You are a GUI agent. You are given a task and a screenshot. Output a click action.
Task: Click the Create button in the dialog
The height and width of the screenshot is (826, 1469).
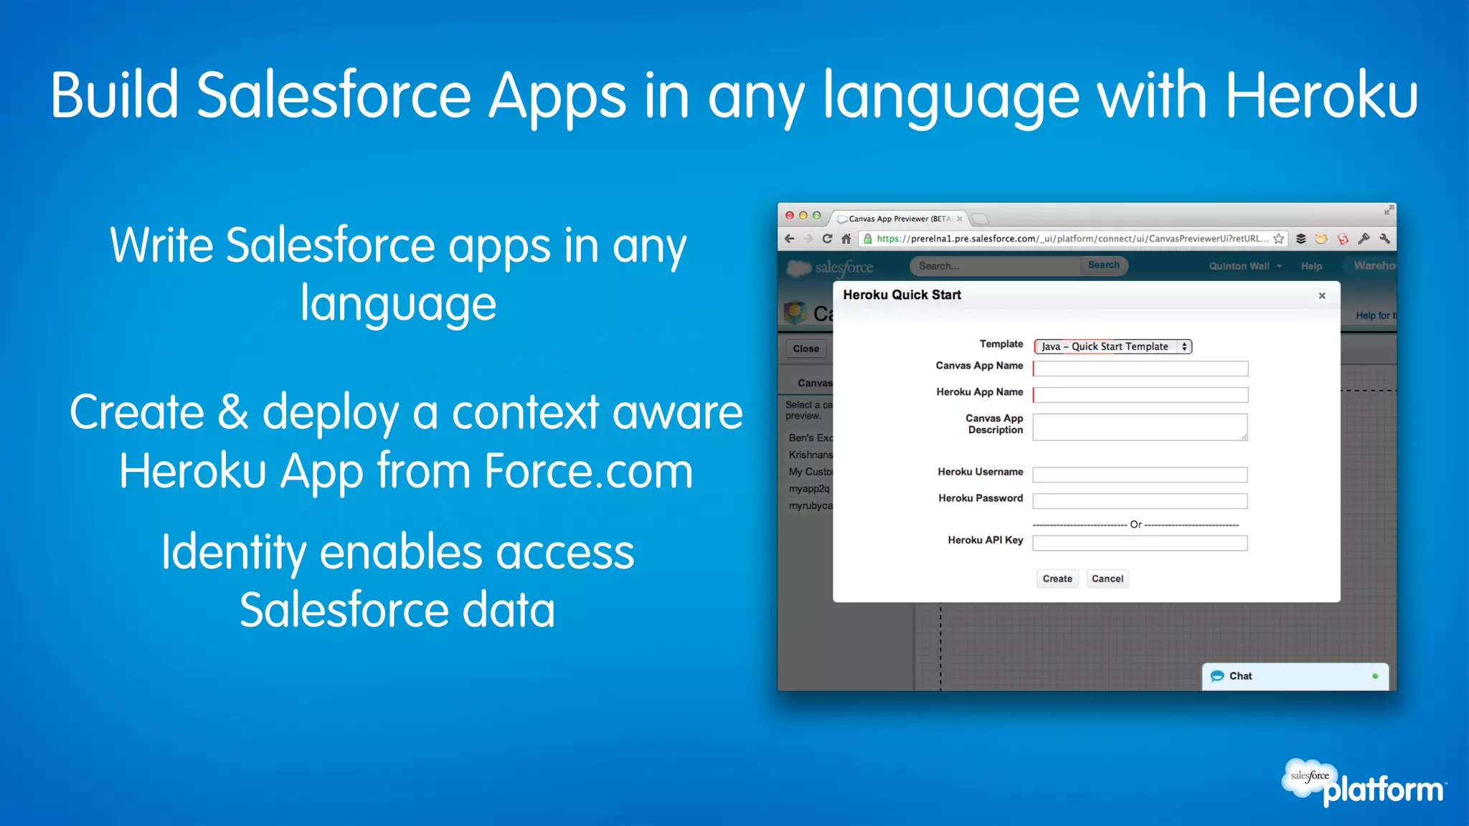[x=1057, y=579]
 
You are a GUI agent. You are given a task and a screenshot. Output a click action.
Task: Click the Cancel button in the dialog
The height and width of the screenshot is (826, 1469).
[x=1107, y=579]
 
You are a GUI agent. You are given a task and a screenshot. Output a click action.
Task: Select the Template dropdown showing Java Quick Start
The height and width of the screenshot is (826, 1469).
[x=1113, y=346]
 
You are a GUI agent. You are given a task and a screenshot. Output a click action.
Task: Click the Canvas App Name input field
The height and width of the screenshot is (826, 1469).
[x=1140, y=369]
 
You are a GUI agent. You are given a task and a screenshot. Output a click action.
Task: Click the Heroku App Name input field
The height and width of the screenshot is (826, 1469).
[x=1140, y=395]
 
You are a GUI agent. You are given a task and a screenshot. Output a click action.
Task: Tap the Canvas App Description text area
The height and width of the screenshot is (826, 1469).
[x=1140, y=427]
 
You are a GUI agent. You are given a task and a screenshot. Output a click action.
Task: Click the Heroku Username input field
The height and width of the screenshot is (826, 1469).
[x=1140, y=475]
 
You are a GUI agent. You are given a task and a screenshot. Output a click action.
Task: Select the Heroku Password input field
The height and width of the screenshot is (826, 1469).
[x=1140, y=501]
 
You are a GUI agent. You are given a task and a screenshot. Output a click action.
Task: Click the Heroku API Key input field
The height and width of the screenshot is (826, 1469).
[x=1140, y=543]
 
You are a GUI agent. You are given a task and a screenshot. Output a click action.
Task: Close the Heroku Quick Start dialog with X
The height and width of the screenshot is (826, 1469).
[x=1322, y=295]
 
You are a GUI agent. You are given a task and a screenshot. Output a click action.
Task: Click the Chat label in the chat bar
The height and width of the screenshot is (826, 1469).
[x=1240, y=676]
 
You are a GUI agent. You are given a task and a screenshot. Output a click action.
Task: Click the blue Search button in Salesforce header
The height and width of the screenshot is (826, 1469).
[x=1103, y=265]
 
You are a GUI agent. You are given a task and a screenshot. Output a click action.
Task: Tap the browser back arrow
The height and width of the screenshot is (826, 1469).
[x=790, y=239]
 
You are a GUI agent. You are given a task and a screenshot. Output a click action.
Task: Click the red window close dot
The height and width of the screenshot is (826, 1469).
[x=790, y=215]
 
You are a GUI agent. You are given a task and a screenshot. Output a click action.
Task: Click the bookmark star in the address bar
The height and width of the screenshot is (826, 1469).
[x=1278, y=239]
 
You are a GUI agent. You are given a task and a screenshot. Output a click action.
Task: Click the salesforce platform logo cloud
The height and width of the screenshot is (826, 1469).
[x=1309, y=777]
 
